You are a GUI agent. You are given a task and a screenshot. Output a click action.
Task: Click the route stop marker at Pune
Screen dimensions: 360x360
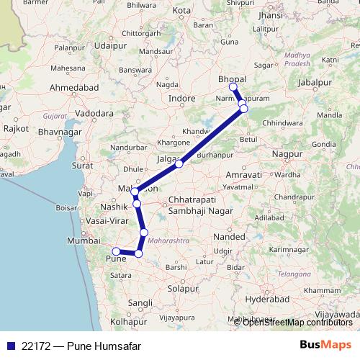pyautogui.click(x=116, y=251)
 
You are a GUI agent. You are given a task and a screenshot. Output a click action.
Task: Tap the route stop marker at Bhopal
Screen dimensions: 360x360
pyautogui.click(x=233, y=87)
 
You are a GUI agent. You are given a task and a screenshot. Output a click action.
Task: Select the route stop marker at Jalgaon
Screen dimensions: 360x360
pyautogui.click(x=179, y=163)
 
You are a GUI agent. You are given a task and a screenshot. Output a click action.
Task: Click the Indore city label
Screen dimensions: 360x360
pyautogui.click(x=181, y=98)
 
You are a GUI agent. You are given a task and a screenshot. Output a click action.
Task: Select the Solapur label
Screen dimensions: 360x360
pyautogui.click(x=182, y=289)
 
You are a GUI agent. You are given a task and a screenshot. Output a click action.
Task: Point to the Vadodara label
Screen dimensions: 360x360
pyautogui.click(x=94, y=113)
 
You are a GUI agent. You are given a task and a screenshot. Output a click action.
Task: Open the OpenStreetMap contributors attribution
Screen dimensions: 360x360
pyautogui.click(x=297, y=323)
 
